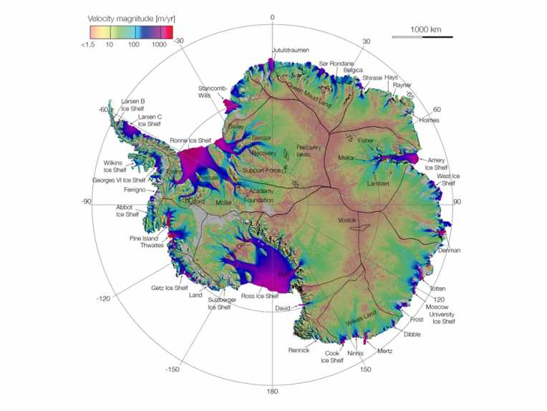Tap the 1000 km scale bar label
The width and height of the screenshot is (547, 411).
point(426,29)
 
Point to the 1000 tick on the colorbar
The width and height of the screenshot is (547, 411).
point(159,44)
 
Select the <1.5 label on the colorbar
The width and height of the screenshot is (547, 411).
point(90,44)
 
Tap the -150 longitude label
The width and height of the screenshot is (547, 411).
point(171,369)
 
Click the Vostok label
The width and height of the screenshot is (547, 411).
point(347,220)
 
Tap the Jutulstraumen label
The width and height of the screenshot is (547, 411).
point(289,50)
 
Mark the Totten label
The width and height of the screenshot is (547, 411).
point(437,288)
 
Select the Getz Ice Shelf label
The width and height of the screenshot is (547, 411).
point(169,288)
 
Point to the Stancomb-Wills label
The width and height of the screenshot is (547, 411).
point(213,92)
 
